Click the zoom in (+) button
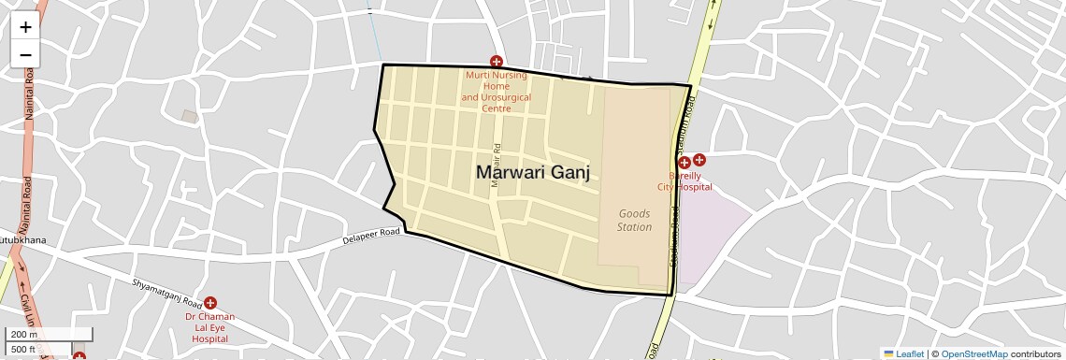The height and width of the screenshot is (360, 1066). tap(25, 28)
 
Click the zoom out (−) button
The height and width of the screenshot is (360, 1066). tap(25, 54)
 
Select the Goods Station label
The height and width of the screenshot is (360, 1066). tap(635, 220)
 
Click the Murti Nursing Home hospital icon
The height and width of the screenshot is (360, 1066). tap(497, 62)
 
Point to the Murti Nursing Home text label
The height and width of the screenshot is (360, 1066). tap(497, 92)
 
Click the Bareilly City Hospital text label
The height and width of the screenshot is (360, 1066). tap(684, 181)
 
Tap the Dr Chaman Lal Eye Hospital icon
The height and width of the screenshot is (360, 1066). tap(210, 303)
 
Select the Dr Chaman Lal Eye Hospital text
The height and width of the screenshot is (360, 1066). tap(209, 327)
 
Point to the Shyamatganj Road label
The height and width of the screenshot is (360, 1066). tap(167, 295)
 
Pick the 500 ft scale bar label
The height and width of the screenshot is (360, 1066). tap(24, 350)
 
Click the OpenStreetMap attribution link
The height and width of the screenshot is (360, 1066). tap(973, 353)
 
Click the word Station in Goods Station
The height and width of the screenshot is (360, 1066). tap(635, 227)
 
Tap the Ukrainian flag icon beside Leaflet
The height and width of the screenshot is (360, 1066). tap(888, 353)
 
